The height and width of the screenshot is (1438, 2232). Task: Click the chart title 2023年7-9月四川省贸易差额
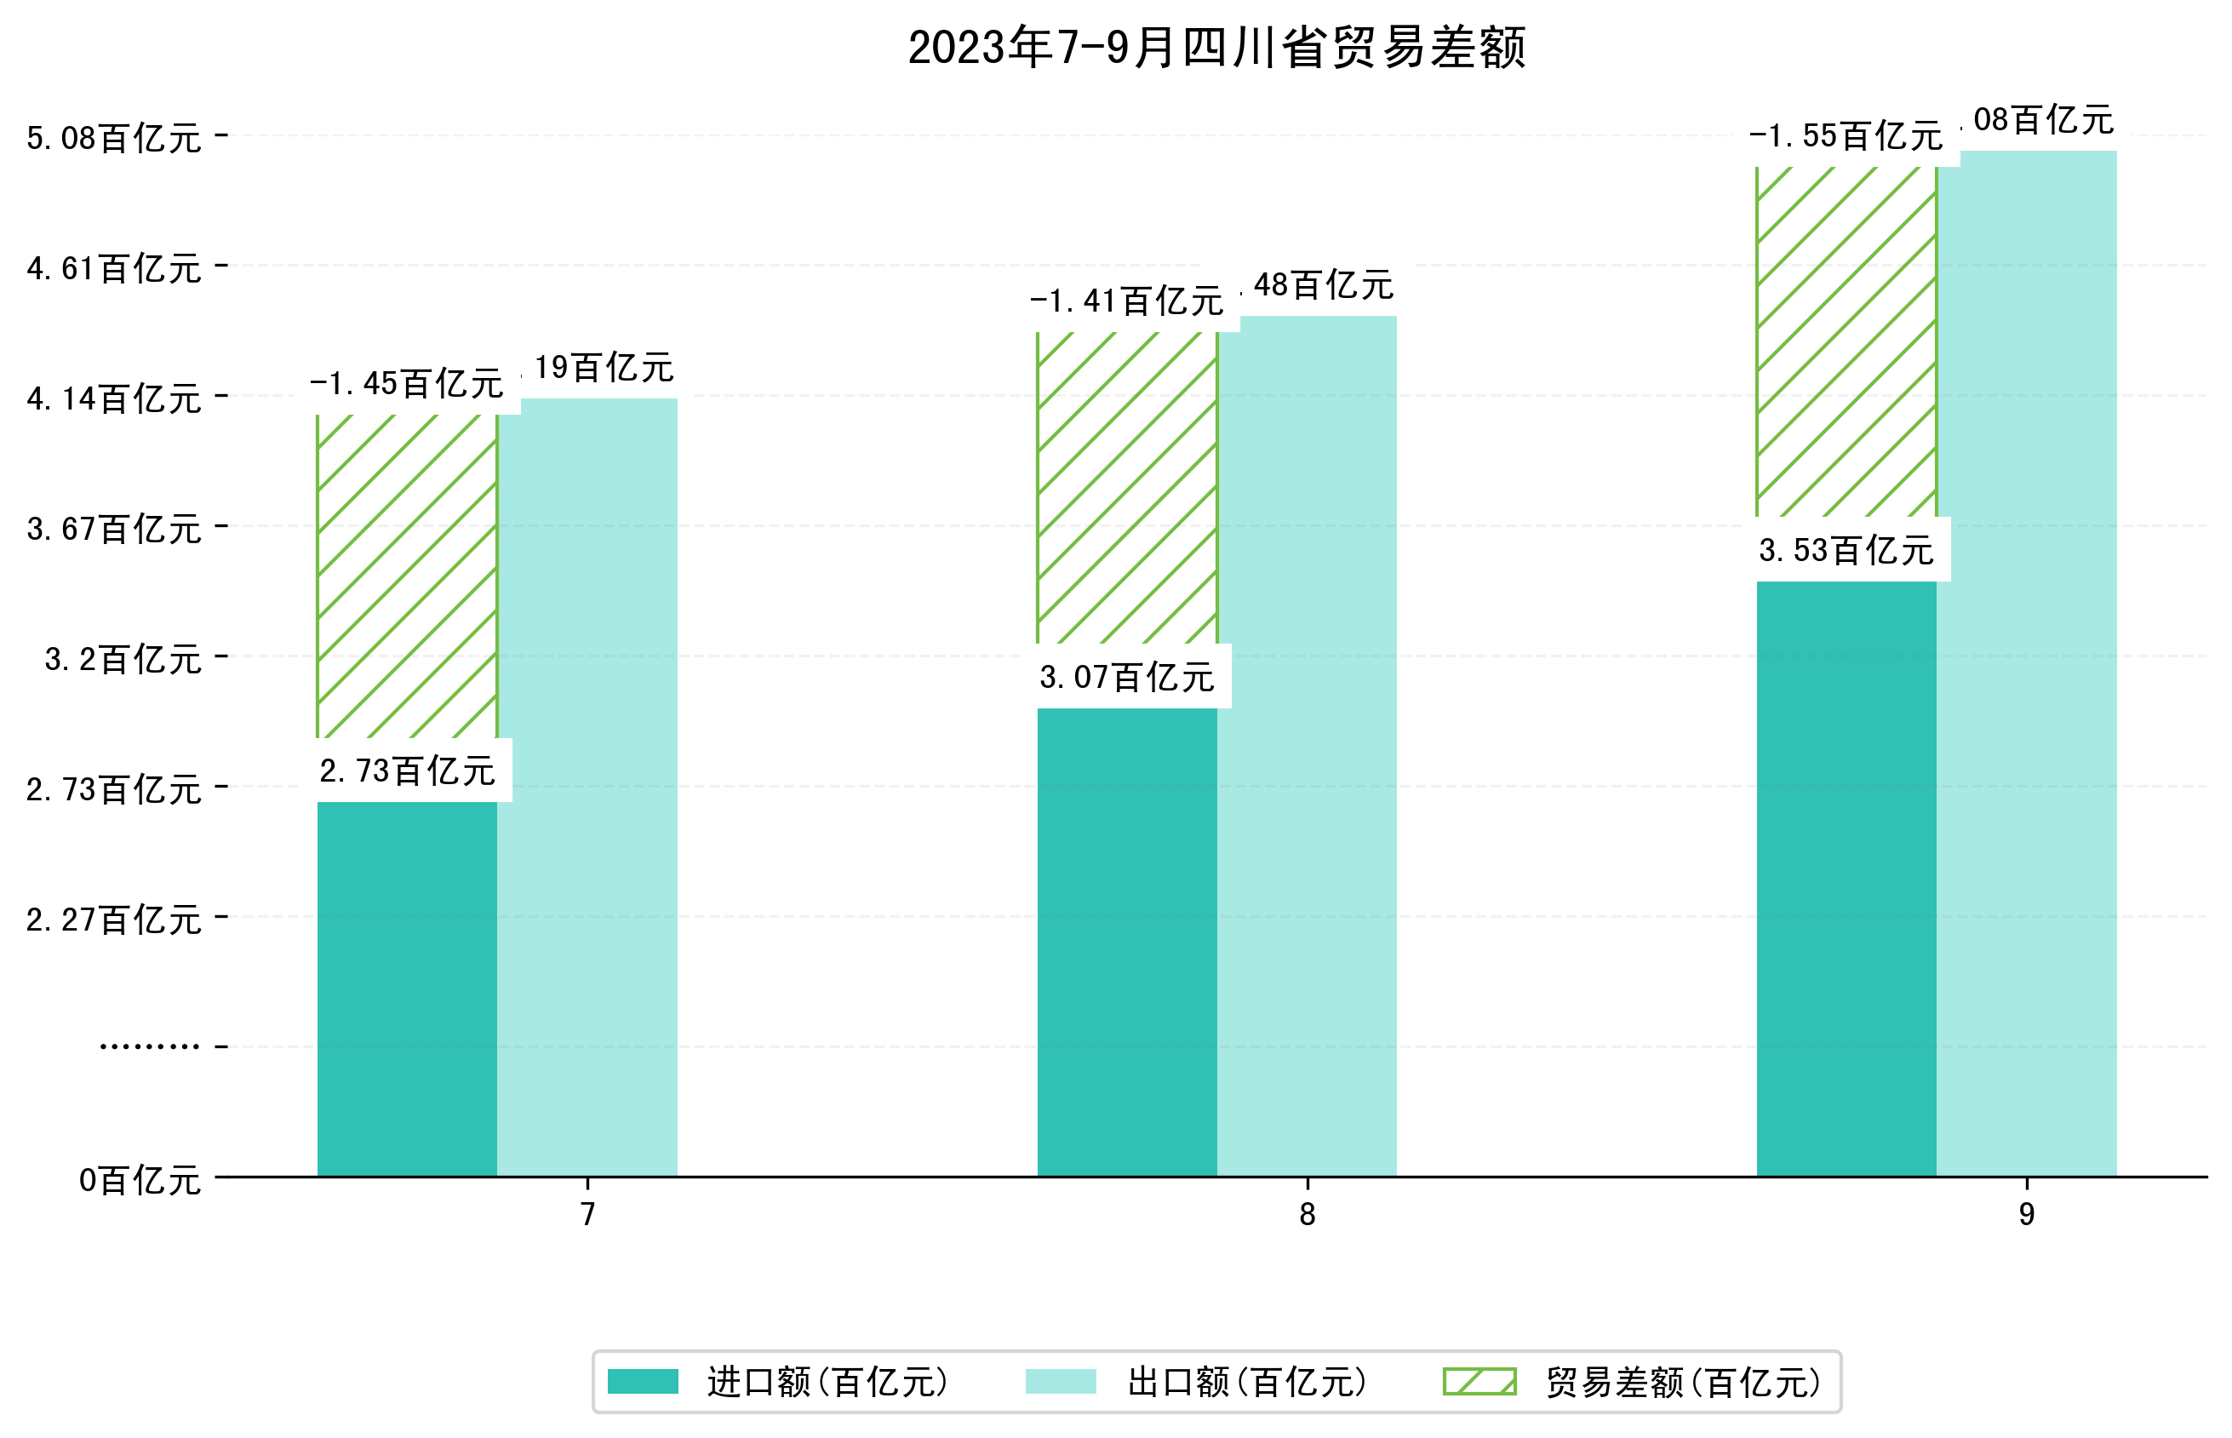(x=1216, y=48)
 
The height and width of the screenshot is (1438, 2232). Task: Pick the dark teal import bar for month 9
(x=1846, y=878)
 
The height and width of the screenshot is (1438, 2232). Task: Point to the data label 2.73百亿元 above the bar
(x=407, y=771)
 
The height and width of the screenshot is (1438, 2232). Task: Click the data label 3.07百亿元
(x=1127, y=677)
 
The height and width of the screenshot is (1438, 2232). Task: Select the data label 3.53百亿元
(x=1846, y=551)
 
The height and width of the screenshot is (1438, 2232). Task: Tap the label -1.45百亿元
(x=407, y=384)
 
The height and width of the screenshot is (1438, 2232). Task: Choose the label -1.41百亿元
(x=1127, y=301)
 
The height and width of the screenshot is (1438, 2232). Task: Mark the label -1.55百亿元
(x=1846, y=136)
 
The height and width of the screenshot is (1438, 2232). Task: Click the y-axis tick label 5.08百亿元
(x=114, y=138)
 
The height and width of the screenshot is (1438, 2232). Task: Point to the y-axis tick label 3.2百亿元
(x=123, y=659)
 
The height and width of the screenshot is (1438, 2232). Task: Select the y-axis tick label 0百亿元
(x=140, y=1180)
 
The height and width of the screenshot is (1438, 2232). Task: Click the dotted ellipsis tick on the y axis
(x=149, y=1046)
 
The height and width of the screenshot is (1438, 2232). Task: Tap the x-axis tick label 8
(x=1307, y=1214)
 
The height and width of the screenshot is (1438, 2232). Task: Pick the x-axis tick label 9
(x=2027, y=1214)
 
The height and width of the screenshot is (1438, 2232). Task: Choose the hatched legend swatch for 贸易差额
(x=1479, y=1381)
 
